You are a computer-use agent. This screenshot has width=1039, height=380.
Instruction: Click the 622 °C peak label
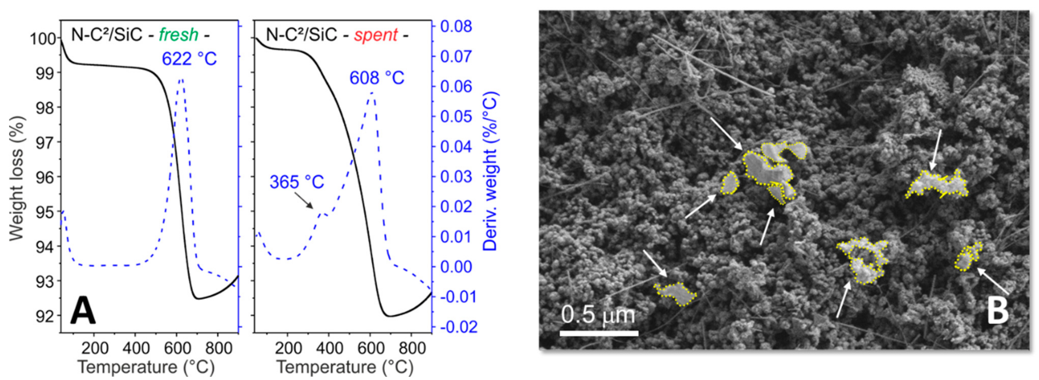[x=189, y=59]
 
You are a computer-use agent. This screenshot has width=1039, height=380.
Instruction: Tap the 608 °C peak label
[x=377, y=78]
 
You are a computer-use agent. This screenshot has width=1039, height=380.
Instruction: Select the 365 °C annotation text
[x=297, y=182]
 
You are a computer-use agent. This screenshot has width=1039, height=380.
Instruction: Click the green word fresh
[x=178, y=35]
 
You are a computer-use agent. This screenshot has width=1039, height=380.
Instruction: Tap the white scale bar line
[x=599, y=333]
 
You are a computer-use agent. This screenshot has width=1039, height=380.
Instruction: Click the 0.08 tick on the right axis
[x=456, y=27]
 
